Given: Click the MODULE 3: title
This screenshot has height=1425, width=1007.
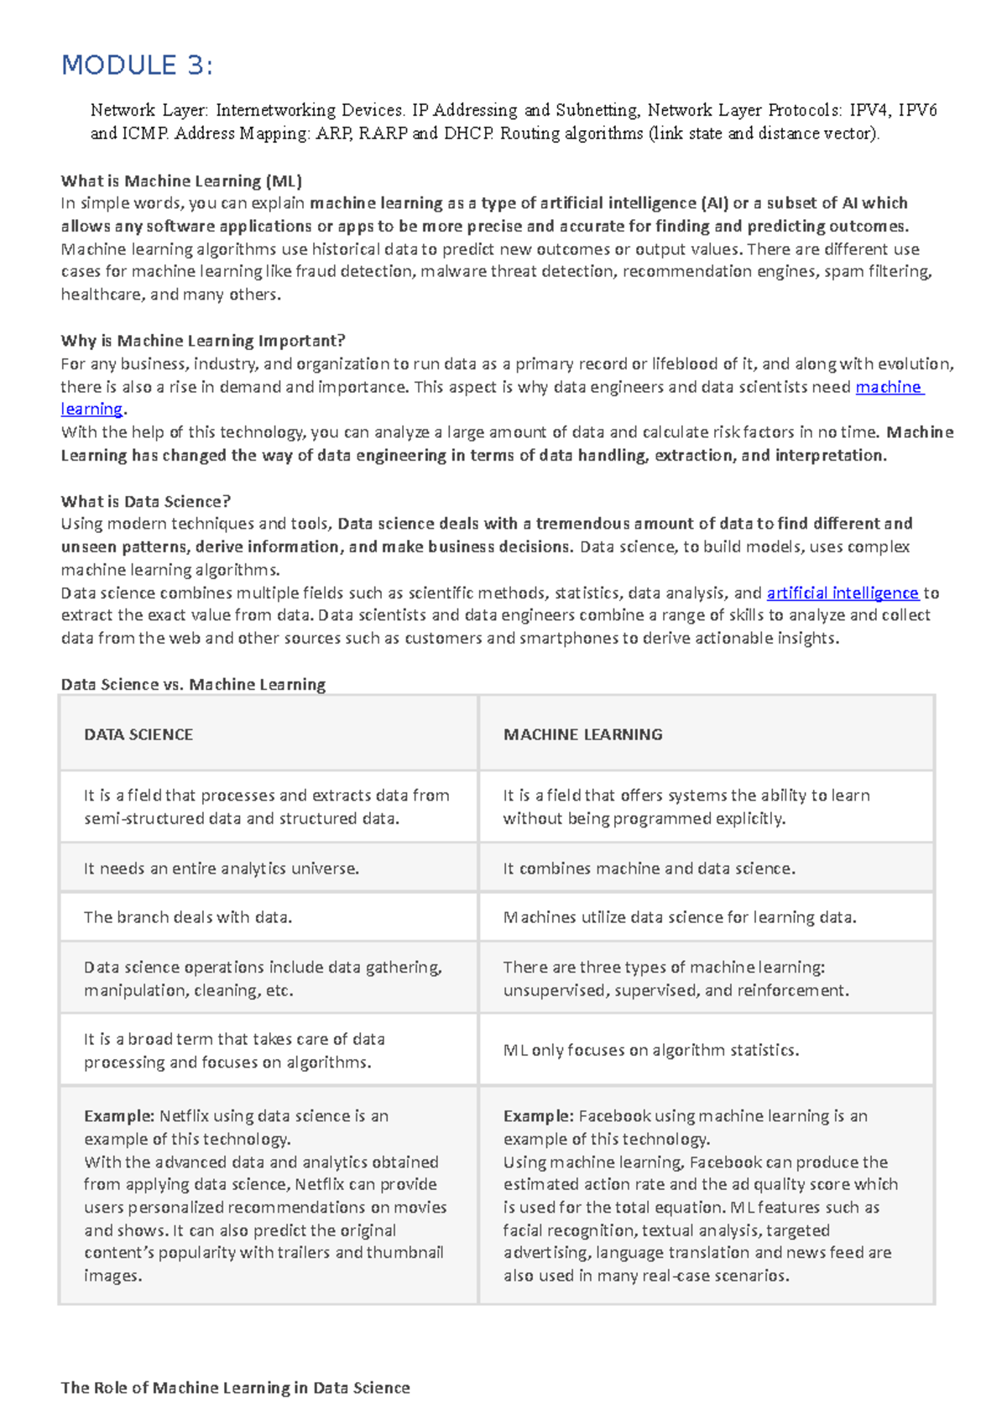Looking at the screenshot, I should coord(137,65).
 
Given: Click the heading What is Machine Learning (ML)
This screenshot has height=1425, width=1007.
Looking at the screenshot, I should coord(181,180).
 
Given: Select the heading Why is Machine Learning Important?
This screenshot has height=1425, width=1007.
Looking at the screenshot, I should coord(203,341).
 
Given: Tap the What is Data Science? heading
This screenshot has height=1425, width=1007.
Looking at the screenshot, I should coord(145,501).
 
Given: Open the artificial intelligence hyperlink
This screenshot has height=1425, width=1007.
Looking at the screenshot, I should coord(843,592).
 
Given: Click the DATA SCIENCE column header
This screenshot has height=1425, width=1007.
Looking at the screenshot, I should coord(138,734).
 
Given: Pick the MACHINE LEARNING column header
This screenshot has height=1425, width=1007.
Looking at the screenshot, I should coord(582,734).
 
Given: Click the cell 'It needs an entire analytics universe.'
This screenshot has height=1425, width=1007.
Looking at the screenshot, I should coord(222,869).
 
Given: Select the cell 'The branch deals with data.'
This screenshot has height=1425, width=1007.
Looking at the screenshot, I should coord(188,917).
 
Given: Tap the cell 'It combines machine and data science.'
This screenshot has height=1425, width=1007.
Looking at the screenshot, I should coord(649,869).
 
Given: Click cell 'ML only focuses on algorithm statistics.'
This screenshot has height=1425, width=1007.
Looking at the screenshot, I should coord(650,1050).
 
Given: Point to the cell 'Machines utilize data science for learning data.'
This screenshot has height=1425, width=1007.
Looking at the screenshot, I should coord(680,917).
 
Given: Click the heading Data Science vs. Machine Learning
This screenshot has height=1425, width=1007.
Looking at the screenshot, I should coord(193,684).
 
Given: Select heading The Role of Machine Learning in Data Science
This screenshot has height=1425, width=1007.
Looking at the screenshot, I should coord(235,1388).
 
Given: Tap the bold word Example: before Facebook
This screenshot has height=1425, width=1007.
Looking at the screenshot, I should coord(538,1116).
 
